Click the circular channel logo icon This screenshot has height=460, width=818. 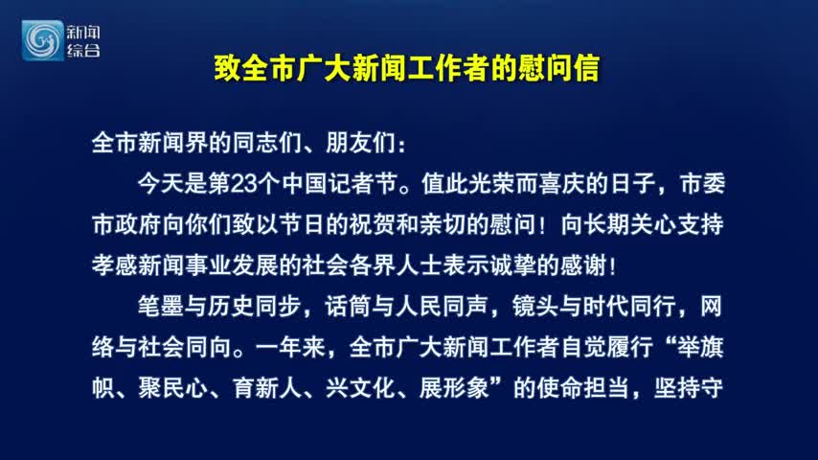[43, 40]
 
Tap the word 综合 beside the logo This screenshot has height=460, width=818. [83, 51]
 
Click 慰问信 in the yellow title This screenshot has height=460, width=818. [558, 68]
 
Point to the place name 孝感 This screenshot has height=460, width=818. [115, 265]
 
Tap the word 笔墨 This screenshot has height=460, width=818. [162, 307]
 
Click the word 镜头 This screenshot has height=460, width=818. [535, 307]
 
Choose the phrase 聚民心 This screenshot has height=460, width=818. [173, 388]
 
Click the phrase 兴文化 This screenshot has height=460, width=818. [360, 388]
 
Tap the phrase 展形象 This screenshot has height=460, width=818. [454, 388]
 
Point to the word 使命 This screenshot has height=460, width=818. [559, 388]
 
